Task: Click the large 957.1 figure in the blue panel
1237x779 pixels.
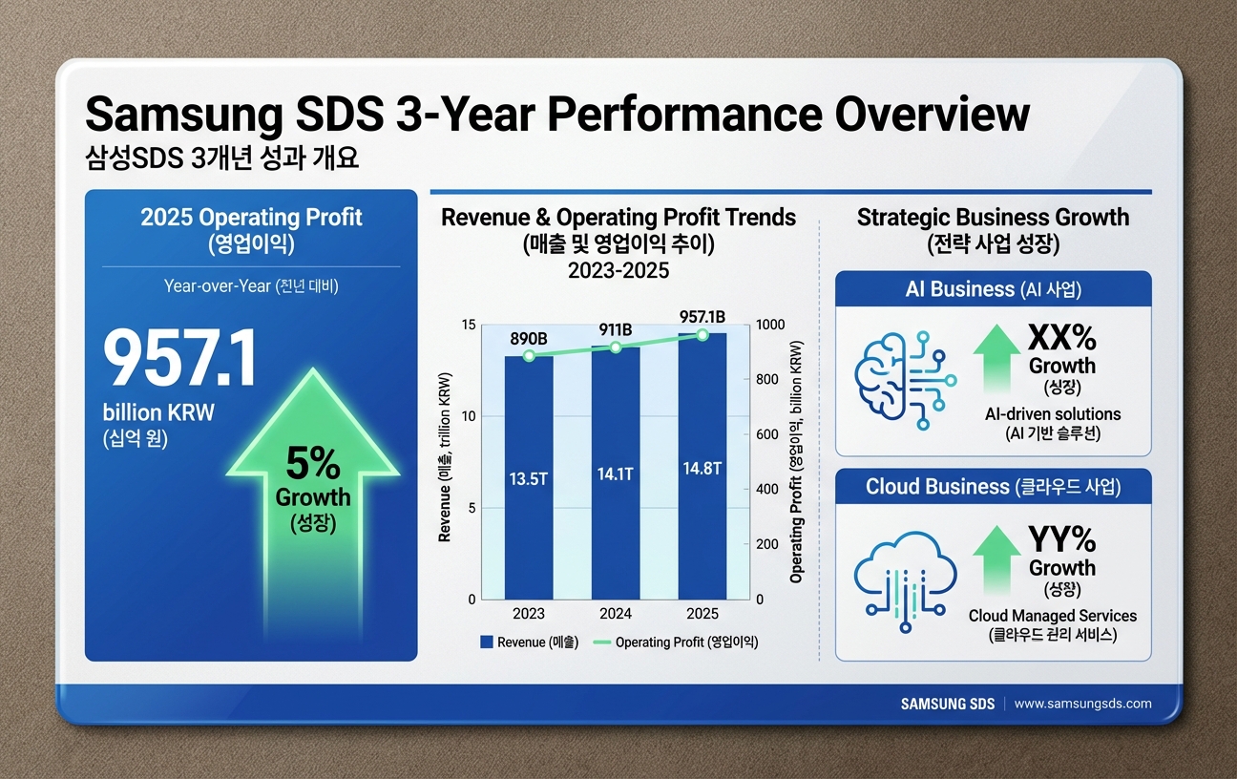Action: [x=179, y=360]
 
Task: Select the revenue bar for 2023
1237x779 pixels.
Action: [x=528, y=477]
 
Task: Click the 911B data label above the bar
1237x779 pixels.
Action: [x=616, y=330]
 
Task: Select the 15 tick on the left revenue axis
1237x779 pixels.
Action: [x=468, y=325]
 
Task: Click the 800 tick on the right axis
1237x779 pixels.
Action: [x=767, y=380]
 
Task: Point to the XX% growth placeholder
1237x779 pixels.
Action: [x=1061, y=338]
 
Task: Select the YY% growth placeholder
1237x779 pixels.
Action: [x=1061, y=540]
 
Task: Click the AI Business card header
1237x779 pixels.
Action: [x=993, y=288]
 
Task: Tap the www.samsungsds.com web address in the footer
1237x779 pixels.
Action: [x=1082, y=704]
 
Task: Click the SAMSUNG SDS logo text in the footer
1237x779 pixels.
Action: [x=947, y=704]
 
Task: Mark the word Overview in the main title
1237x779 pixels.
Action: [x=932, y=116]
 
